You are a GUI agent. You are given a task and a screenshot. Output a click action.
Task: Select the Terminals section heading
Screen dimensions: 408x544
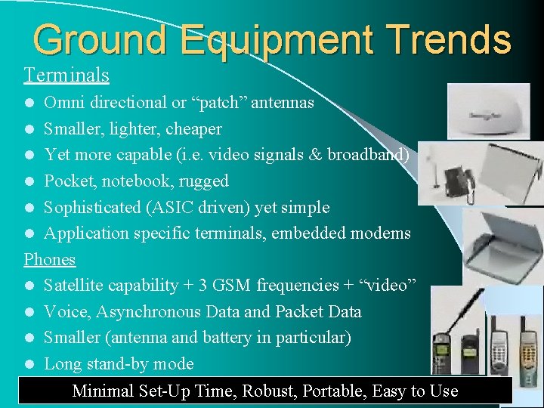pyautogui.click(x=66, y=76)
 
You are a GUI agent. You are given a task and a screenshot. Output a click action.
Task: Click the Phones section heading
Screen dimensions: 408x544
pyautogui.click(x=50, y=259)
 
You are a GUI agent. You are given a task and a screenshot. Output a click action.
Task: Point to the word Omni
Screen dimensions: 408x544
pyautogui.click(x=63, y=102)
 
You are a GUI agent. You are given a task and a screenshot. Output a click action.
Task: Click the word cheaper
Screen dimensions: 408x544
pyautogui.click(x=195, y=129)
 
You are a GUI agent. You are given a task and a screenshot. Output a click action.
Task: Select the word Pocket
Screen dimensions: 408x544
pyautogui.click(x=68, y=181)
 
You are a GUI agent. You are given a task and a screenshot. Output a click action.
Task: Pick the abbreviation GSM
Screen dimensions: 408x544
pyautogui.click(x=233, y=286)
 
